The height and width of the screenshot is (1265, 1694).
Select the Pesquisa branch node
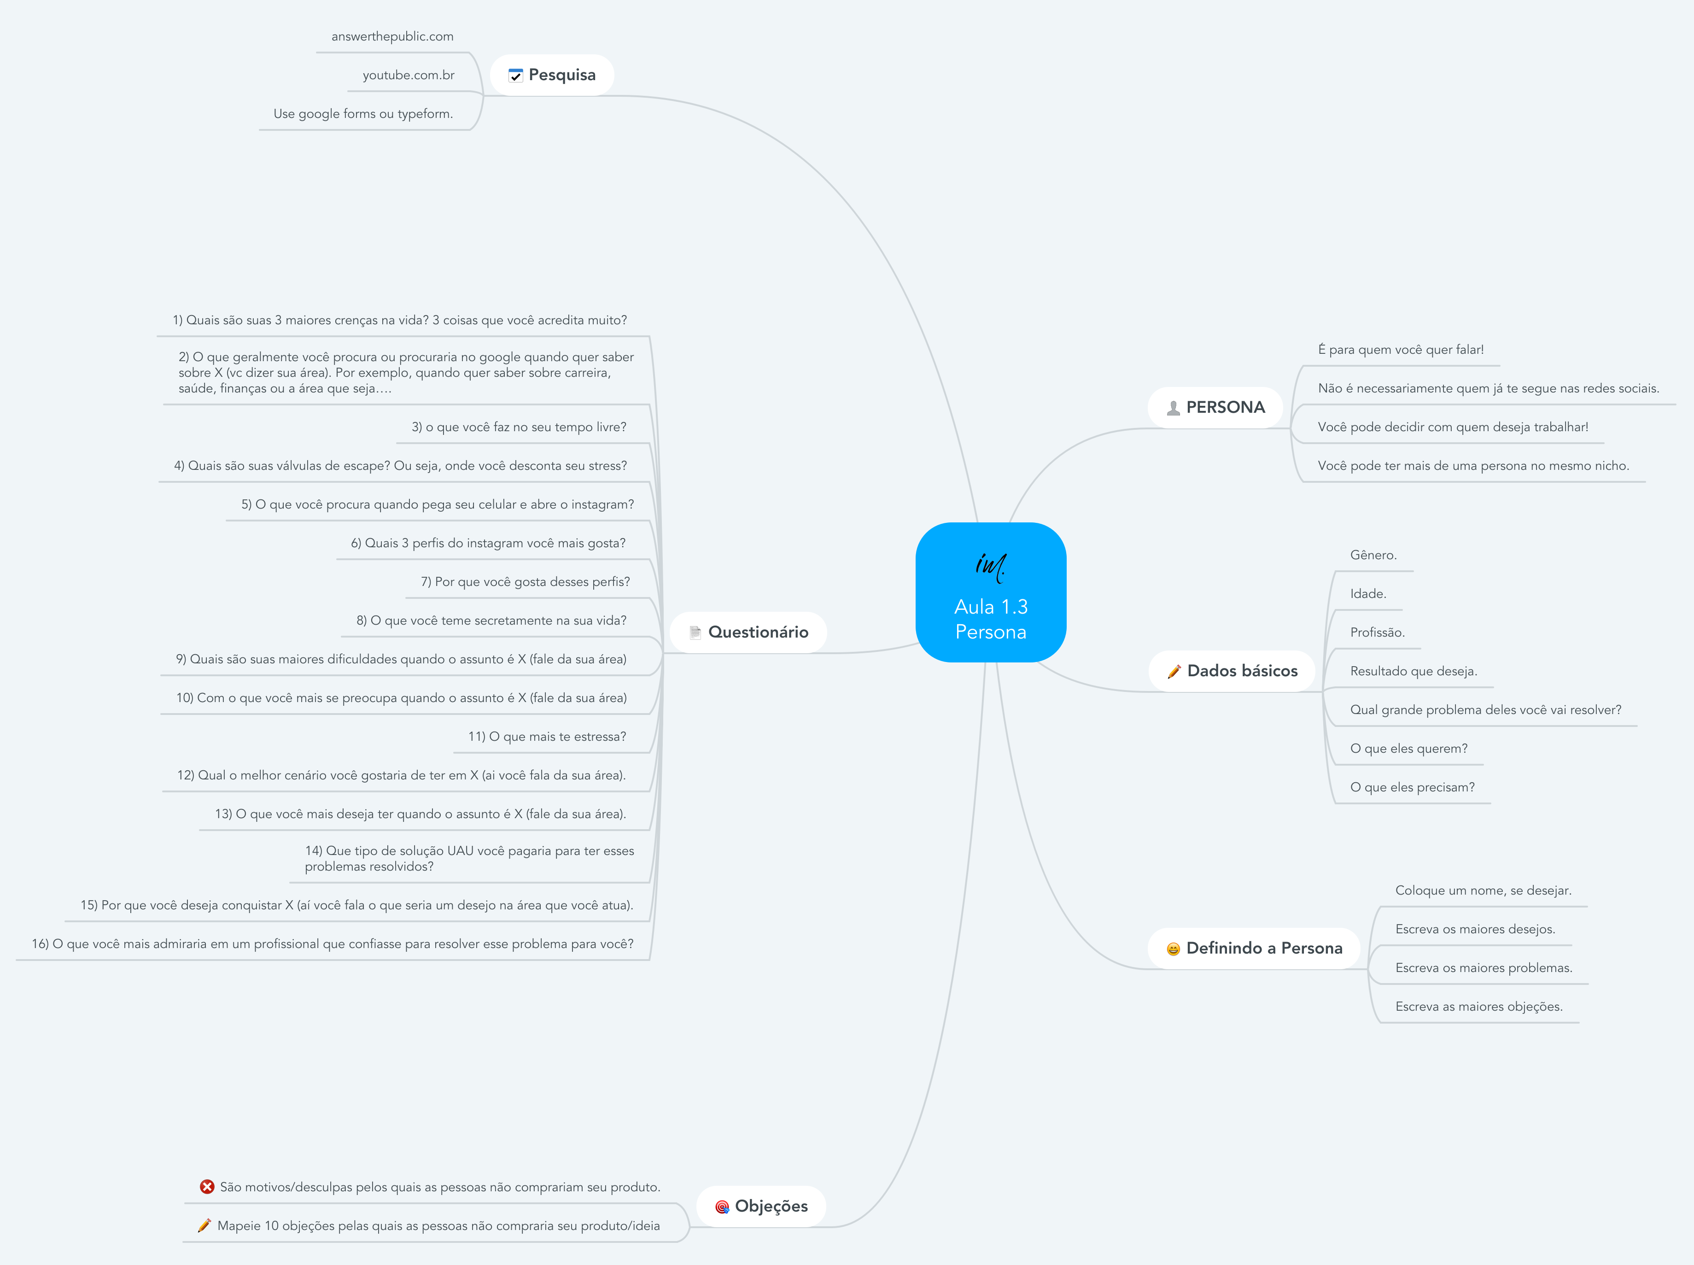click(x=552, y=75)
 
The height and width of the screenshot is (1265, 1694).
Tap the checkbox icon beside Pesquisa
click(x=516, y=75)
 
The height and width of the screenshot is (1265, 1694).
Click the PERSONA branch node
click(x=1215, y=407)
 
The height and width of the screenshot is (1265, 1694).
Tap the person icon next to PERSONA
click(x=1173, y=408)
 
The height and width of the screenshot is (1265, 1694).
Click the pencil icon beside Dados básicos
click(x=1174, y=672)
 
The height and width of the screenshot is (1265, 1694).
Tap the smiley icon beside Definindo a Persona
click(x=1173, y=949)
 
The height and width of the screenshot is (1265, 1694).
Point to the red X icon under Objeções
click(x=207, y=1187)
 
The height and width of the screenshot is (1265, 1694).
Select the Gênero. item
click(x=1373, y=555)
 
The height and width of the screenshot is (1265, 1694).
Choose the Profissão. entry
click(x=1377, y=632)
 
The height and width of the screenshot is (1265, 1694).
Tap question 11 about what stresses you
click(x=547, y=737)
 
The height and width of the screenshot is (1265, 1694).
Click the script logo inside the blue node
click(x=991, y=565)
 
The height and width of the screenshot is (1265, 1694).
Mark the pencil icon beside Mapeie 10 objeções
click(x=204, y=1226)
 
